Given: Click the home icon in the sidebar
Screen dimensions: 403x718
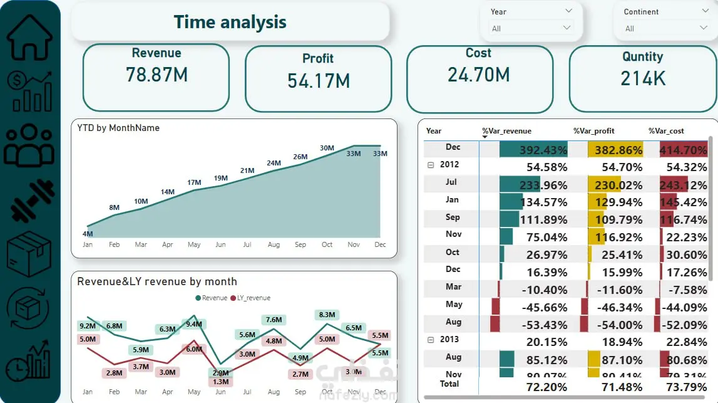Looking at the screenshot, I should coord(29,37).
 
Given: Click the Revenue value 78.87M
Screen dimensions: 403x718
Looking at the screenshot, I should coord(156,75).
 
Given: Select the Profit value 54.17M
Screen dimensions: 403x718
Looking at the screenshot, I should coord(318,80).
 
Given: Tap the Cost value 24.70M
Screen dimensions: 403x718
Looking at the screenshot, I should coord(479,75).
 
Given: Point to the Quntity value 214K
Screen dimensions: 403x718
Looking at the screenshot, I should coord(643,78).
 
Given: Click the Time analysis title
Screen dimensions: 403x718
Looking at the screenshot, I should coord(230,22).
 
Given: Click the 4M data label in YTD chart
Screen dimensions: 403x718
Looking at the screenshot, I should coord(88,234).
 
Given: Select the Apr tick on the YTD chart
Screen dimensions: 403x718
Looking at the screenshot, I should coord(167,244).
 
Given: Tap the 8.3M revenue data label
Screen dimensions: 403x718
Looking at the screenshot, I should coord(327,315).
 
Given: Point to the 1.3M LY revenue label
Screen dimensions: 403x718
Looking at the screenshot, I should coord(220,382).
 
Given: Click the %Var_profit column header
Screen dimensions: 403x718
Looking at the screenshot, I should coord(594,131).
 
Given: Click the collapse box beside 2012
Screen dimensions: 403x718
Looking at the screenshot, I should coord(430,165).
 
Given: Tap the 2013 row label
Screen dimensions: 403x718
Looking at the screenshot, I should coord(449,339).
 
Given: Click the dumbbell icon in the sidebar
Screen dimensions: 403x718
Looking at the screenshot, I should coord(29,200).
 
